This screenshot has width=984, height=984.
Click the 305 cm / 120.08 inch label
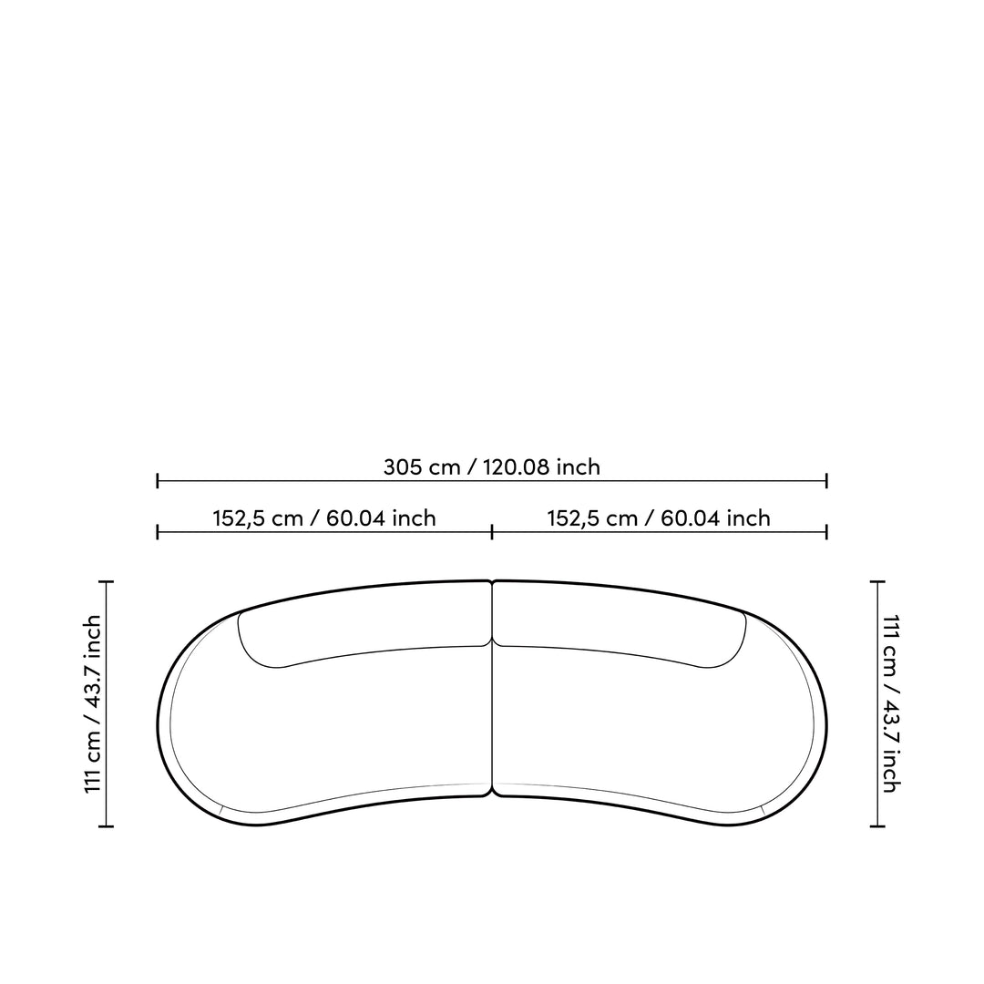491,466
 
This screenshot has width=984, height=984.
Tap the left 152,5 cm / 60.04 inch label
323,518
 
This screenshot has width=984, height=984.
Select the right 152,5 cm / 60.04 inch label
659,518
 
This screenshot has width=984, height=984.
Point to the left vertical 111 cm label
93,704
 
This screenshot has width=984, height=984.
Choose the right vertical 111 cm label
891,704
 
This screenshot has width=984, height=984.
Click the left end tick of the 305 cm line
157,481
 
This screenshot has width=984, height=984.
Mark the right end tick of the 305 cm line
826,481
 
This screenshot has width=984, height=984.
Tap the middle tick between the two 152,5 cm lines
492,533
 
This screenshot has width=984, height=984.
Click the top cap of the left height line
106,582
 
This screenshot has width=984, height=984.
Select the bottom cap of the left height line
106,826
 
